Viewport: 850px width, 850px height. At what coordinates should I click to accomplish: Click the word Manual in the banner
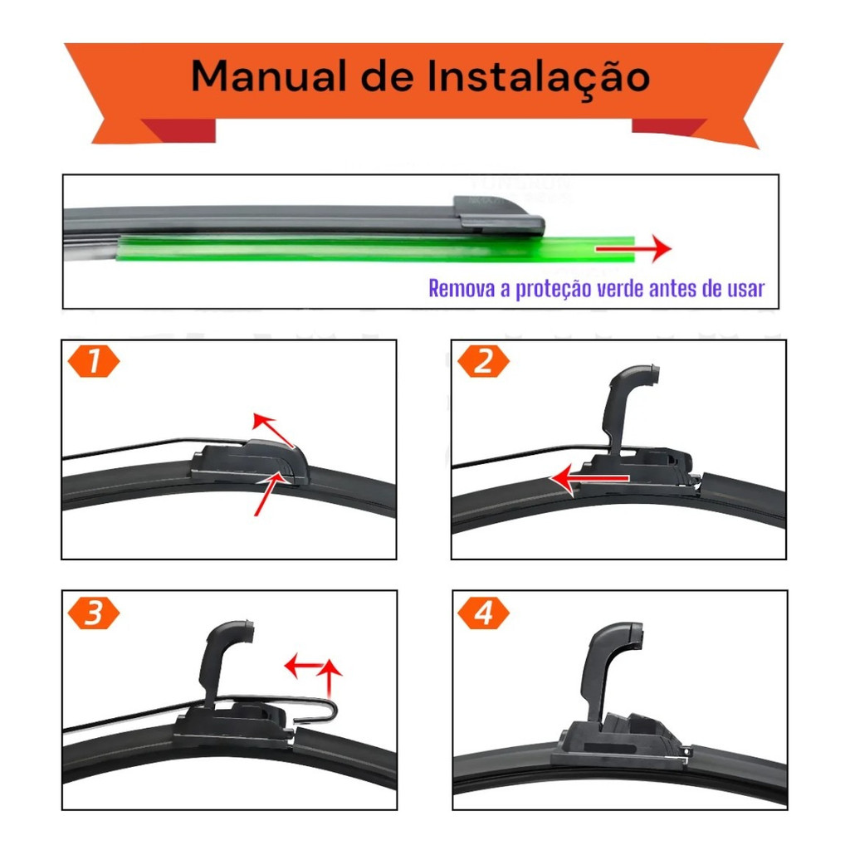[x=269, y=76]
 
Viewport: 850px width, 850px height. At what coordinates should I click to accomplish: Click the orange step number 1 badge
[x=94, y=361]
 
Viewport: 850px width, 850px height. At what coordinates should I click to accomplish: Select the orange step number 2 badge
[x=484, y=361]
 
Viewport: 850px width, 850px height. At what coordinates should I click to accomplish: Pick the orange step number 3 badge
[x=94, y=613]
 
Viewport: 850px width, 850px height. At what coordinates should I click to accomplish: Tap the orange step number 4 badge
[x=484, y=613]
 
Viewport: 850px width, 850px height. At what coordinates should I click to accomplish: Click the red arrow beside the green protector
[x=633, y=249]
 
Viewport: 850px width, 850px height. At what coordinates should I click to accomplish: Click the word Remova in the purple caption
[x=462, y=288]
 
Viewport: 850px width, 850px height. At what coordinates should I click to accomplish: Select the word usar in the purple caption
[x=746, y=289]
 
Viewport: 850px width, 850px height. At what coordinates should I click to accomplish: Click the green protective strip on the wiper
[x=375, y=249]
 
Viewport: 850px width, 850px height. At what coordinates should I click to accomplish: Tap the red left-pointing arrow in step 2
[x=589, y=479]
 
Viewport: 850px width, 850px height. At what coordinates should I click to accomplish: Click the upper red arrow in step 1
[x=273, y=431]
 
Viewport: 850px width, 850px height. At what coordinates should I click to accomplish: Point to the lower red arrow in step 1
[x=270, y=493]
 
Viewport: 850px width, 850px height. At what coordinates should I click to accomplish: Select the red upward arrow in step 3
[x=329, y=677]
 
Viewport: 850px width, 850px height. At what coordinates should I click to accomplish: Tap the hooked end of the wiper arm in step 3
[x=325, y=711]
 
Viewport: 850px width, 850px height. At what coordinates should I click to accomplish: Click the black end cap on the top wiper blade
[x=499, y=216]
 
